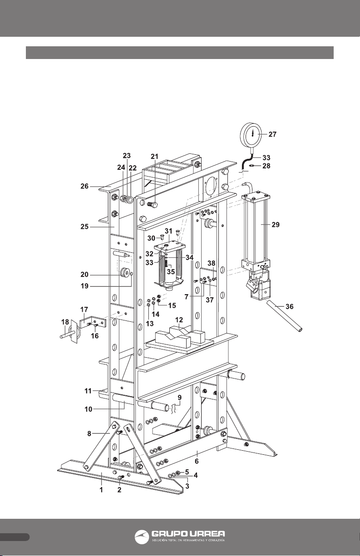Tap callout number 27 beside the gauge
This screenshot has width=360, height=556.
click(272, 134)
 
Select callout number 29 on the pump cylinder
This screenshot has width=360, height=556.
click(276, 224)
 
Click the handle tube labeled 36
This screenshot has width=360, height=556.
click(285, 316)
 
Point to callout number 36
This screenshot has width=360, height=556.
click(290, 306)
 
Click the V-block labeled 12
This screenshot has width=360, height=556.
click(179, 335)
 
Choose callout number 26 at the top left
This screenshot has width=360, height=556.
click(84, 186)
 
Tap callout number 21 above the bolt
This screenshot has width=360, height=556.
click(154, 157)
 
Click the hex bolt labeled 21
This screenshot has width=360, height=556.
click(152, 205)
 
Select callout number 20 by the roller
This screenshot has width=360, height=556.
click(84, 275)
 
